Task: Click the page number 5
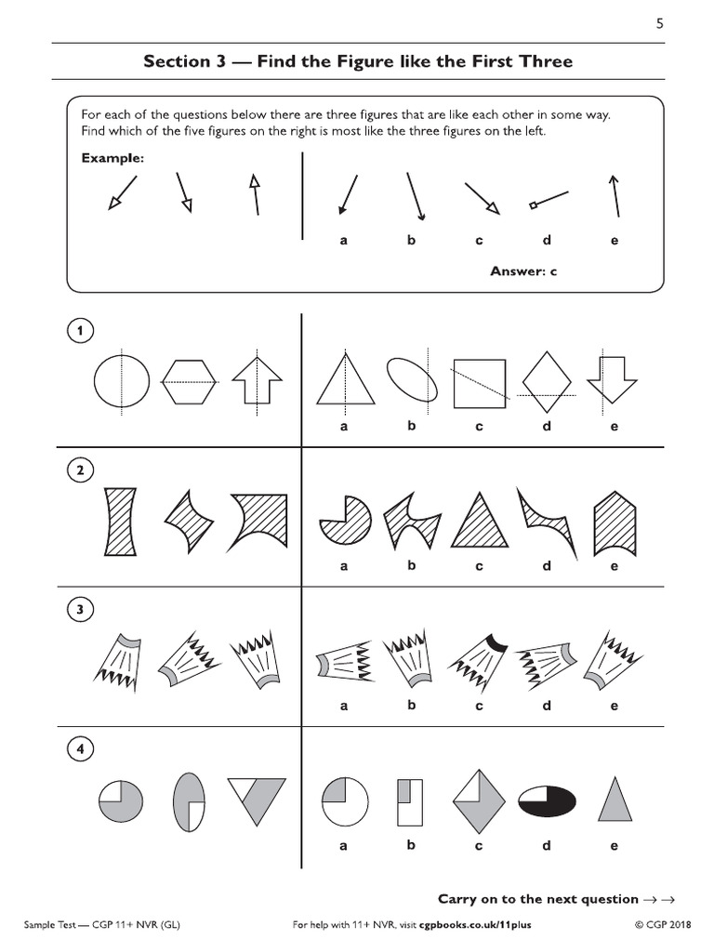click(659, 25)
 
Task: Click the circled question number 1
click(81, 330)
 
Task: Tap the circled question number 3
click(81, 610)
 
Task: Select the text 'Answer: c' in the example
click(522, 271)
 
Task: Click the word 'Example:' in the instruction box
click(112, 159)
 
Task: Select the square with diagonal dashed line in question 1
click(480, 383)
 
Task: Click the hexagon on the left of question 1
click(189, 381)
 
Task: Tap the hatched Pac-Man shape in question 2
click(344, 520)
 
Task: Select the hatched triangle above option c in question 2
click(480, 522)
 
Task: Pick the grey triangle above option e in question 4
click(613, 800)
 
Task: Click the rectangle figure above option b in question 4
click(409, 800)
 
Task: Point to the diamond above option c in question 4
click(480, 800)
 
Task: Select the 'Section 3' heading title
click(358, 62)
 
